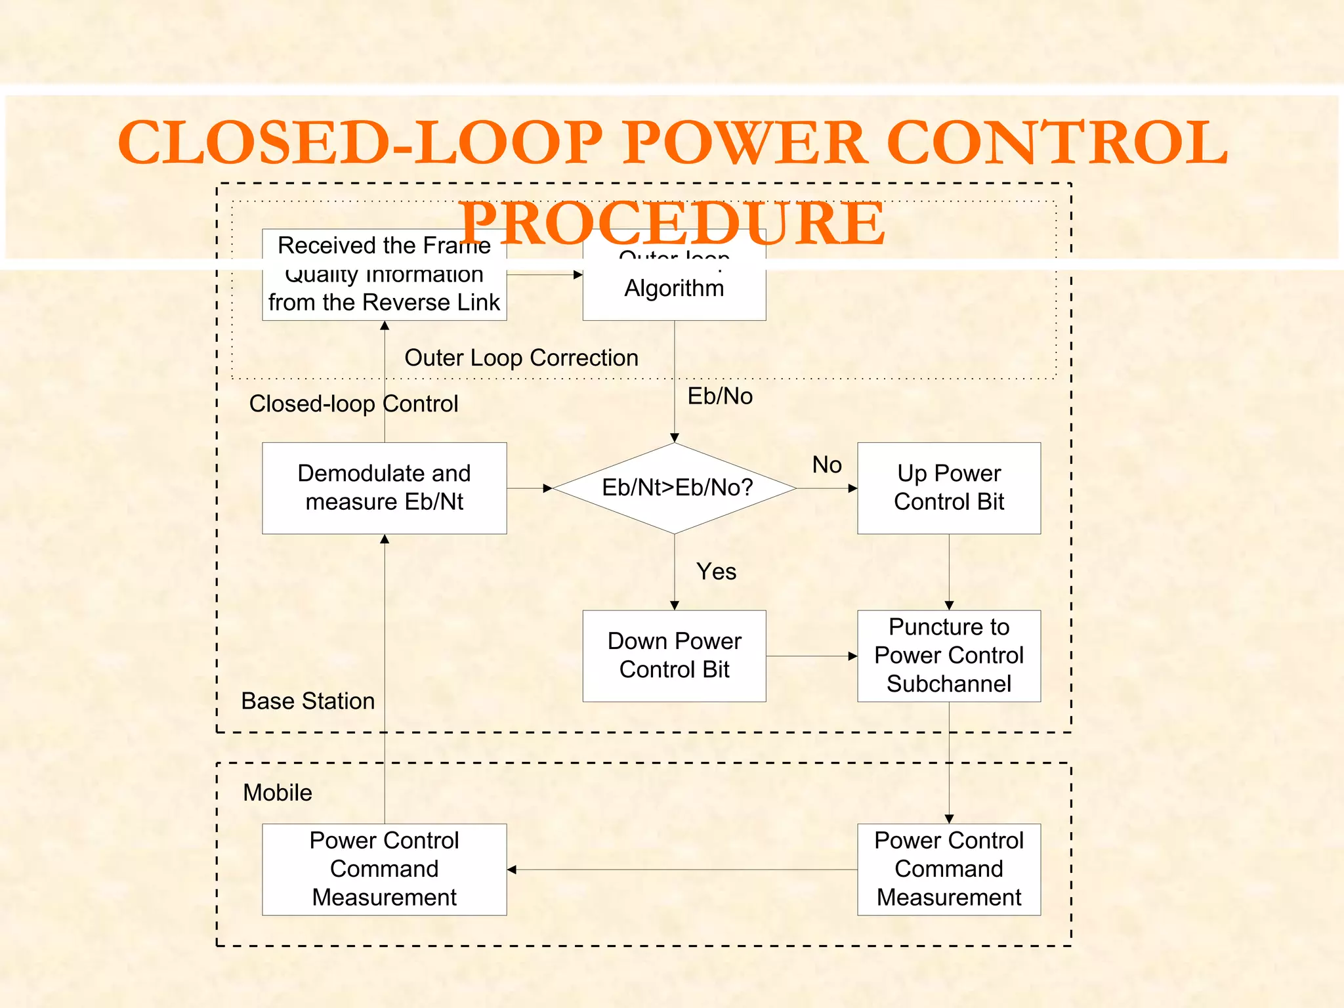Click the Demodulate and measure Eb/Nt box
coord(384,488)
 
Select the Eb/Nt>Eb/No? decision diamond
coord(675,488)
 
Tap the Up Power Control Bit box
coord(948,488)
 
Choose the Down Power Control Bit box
coord(674,656)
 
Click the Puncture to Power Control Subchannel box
coord(948,656)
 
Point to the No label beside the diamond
coord(826,465)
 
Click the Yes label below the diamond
coord(716,572)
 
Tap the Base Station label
coord(308,701)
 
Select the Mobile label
coord(278,793)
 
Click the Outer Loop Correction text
coord(521,358)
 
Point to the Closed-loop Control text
coord(353,404)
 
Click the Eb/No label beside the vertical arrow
coord(720,396)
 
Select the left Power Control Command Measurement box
coord(384,869)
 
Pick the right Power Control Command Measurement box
coord(948,869)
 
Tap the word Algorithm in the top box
coord(674,288)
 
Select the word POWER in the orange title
coord(744,142)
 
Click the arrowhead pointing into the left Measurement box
coord(512,870)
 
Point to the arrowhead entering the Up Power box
coord(852,488)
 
